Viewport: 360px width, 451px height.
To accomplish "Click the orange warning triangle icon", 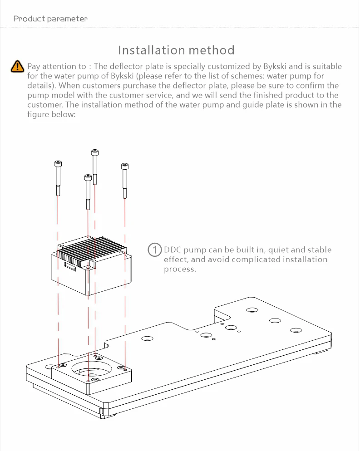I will point(17,66).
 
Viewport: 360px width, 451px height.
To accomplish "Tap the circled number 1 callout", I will point(155,250).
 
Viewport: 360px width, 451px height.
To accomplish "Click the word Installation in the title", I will point(148,50).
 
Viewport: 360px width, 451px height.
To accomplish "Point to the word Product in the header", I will point(29,19).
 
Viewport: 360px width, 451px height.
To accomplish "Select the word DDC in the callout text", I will point(172,250).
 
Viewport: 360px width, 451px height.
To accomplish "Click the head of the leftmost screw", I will point(58,163).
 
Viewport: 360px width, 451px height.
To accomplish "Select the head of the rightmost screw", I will point(125,166).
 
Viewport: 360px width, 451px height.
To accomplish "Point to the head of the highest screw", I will point(94,152).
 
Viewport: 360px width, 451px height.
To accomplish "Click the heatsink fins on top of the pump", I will point(93,252).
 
